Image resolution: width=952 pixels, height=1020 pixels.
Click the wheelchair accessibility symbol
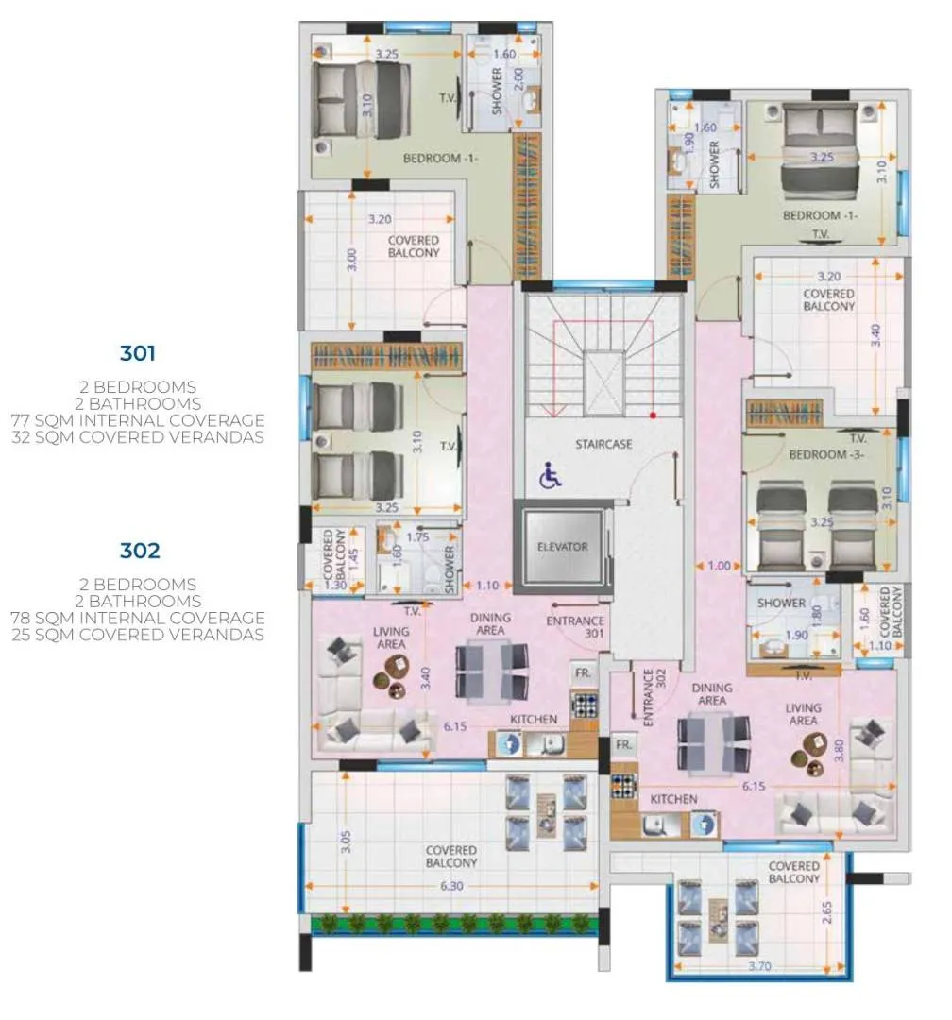click(x=550, y=475)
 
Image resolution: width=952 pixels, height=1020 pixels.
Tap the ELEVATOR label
click(x=562, y=547)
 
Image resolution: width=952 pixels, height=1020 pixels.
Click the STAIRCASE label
click(x=603, y=444)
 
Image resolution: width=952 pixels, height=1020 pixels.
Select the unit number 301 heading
click(x=138, y=353)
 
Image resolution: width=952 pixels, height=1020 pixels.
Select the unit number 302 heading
click(x=140, y=551)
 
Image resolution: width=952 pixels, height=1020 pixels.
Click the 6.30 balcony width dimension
click(x=451, y=885)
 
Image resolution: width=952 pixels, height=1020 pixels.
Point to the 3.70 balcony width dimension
click(x=759, y=966)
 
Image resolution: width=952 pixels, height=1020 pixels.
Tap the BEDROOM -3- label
click(x=826, y=454)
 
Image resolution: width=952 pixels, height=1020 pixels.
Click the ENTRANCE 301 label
click(x=575, y=627)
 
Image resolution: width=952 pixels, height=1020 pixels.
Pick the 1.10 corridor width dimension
click(x=487, y=586)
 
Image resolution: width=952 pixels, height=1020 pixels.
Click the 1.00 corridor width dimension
click(x=719, y=566)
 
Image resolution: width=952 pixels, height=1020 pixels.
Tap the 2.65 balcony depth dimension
click(x=826, y=912)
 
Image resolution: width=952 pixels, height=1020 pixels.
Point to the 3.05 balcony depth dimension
click(x=346, y=841)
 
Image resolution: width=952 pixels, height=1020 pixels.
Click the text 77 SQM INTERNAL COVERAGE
click(x=138, y=420)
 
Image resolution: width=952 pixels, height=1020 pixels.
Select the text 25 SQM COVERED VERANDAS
click(x=138, y=635)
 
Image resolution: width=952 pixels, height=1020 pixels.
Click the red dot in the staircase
click(x=653, y=415)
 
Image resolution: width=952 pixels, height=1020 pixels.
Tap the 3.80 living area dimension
click(x=839, y=750)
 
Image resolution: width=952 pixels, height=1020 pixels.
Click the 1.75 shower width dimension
click(x=417, y=537)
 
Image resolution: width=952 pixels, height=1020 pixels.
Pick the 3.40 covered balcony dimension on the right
click(x=875, y=335)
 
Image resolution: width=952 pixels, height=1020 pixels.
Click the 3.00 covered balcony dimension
click(x=351, y=260)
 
